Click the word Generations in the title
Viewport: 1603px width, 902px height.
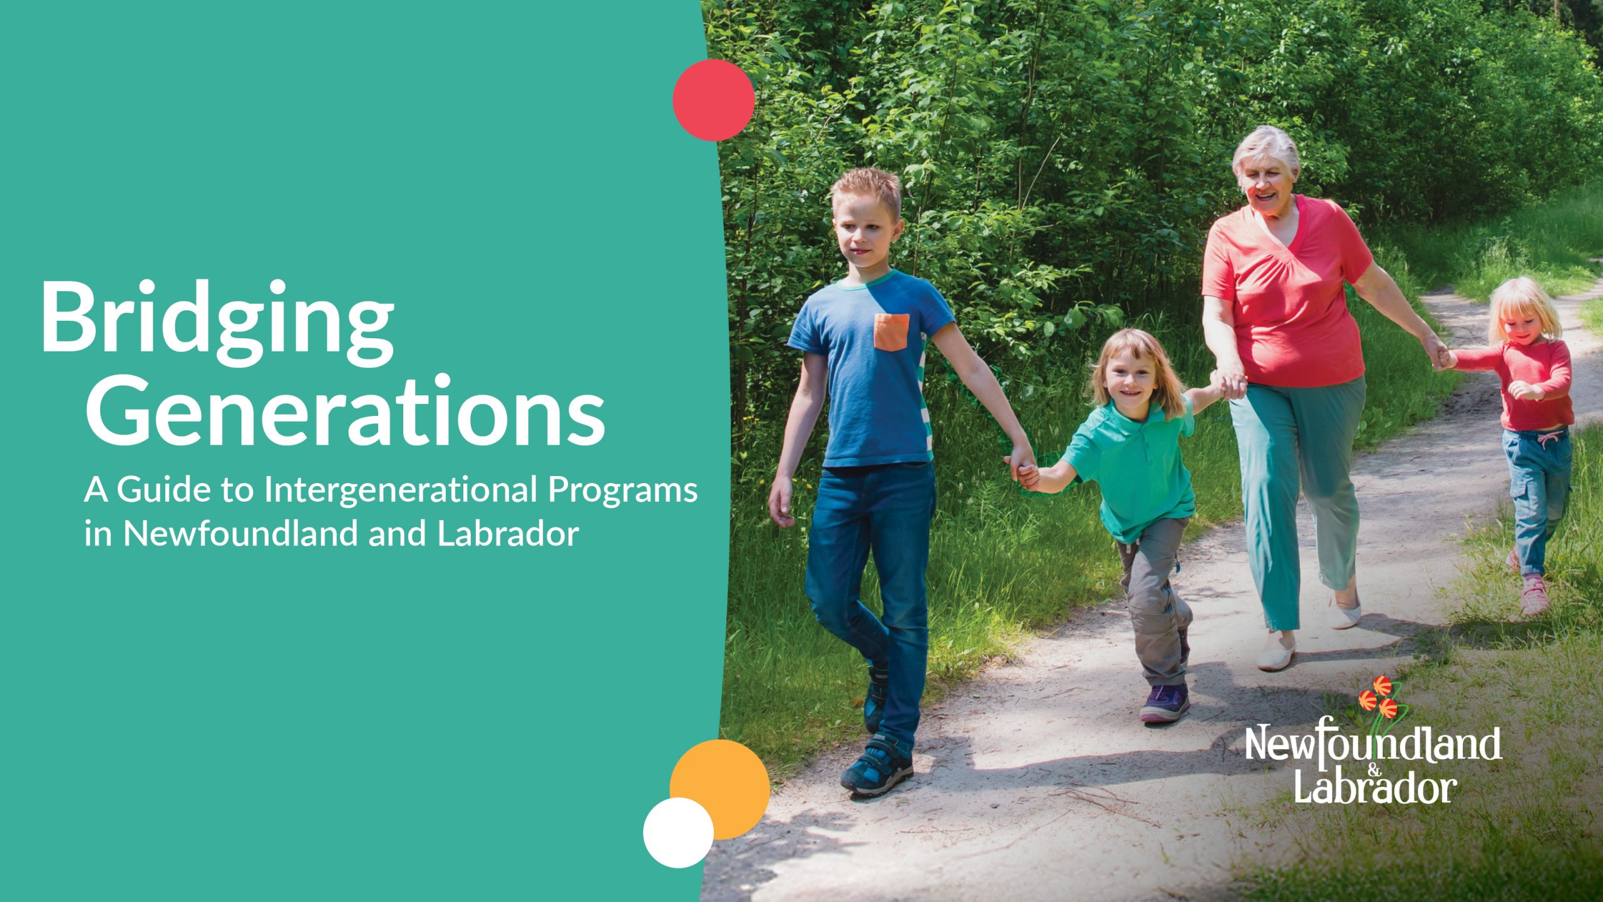pyautogui.click(x=344, y=410)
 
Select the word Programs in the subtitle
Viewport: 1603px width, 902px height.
pyautogui.click(x=623, y=490)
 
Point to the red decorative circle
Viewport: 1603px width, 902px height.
pyautogui.click(x=713, y=100)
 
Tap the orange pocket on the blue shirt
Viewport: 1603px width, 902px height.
pyautogui.click(x=892, y=331)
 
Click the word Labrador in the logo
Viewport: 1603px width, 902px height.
pyautogui.click(x=1374, y=790)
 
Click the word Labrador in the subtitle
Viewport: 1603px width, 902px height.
pyautogui.click(x=507, y=534)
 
